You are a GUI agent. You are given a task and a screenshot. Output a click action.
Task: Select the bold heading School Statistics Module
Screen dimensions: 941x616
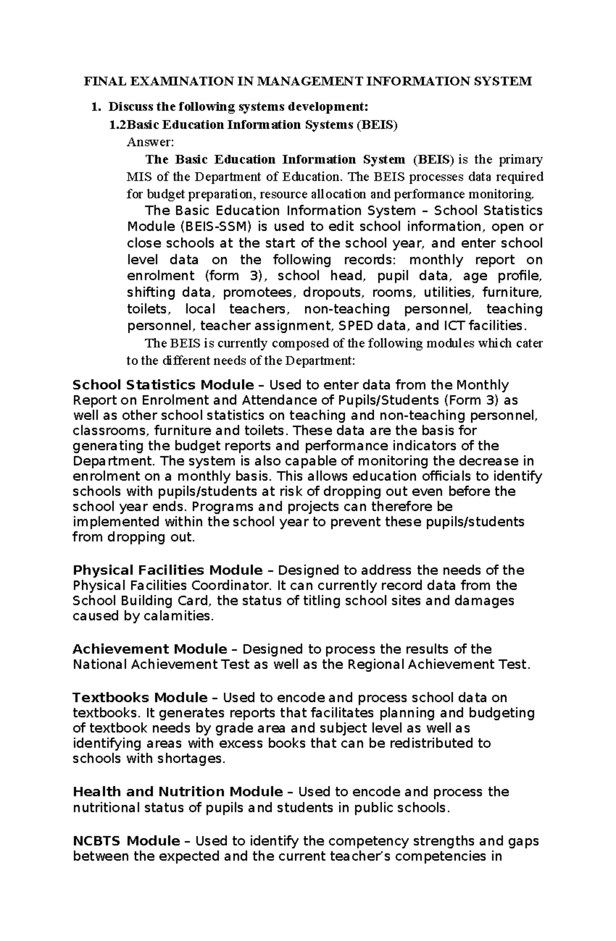coord(163,385)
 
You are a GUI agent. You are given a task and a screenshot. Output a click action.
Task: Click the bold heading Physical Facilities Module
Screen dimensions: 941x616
coord(167,570)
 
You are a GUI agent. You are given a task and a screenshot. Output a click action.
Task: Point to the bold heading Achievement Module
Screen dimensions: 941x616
coord(150,649)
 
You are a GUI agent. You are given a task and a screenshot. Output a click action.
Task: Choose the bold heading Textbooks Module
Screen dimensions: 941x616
coord(140,697)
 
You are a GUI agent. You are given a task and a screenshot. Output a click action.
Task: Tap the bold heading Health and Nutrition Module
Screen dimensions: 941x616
coord(178,792)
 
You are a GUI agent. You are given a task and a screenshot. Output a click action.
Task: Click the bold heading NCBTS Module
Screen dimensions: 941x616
coord(126,841)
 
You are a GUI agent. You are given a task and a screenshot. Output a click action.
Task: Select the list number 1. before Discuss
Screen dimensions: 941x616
coord(94,107)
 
